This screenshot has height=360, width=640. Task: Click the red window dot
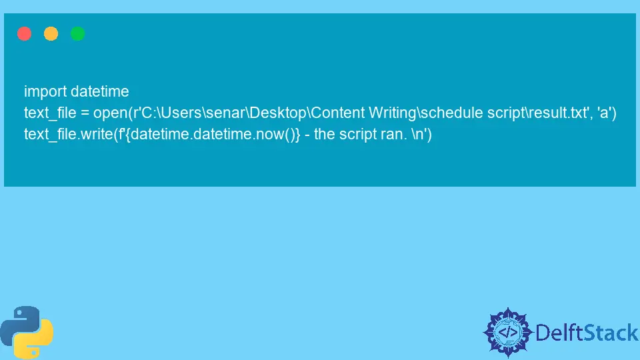coord(25,33)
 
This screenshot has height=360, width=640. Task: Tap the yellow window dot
coord(51,33)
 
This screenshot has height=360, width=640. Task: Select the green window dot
coord(77,33)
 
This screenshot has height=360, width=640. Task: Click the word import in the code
coord(45,92)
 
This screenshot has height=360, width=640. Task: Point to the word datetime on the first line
coord(99,91)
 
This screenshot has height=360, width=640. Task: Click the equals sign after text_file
coord(85,113)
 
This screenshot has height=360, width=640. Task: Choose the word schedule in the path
coord(452,113)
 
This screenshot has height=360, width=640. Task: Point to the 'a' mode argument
coord(604,113)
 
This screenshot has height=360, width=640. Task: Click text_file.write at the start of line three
coord(69,134)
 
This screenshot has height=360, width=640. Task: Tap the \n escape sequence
coord(417,134)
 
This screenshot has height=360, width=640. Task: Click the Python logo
coord(27,332)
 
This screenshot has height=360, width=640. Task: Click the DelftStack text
coord(587,333)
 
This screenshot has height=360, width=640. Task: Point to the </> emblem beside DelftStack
coord(508,333)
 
